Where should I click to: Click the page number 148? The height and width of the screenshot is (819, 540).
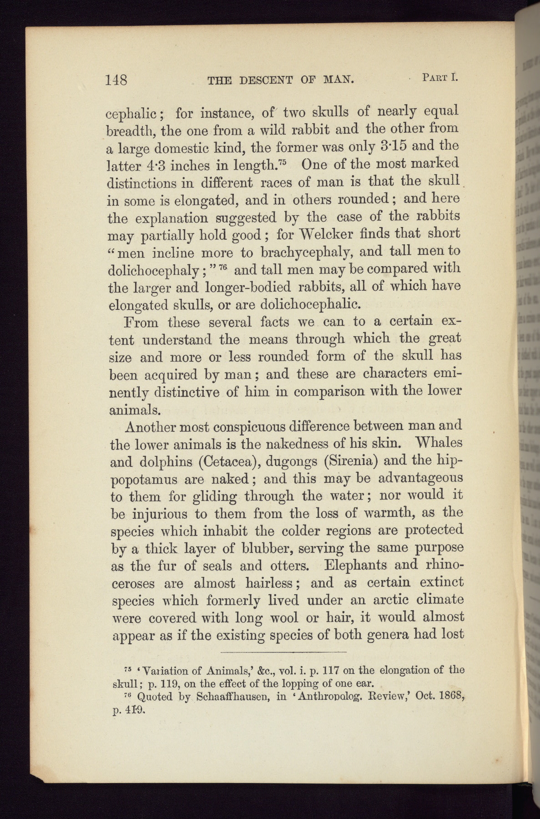[116, 80]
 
